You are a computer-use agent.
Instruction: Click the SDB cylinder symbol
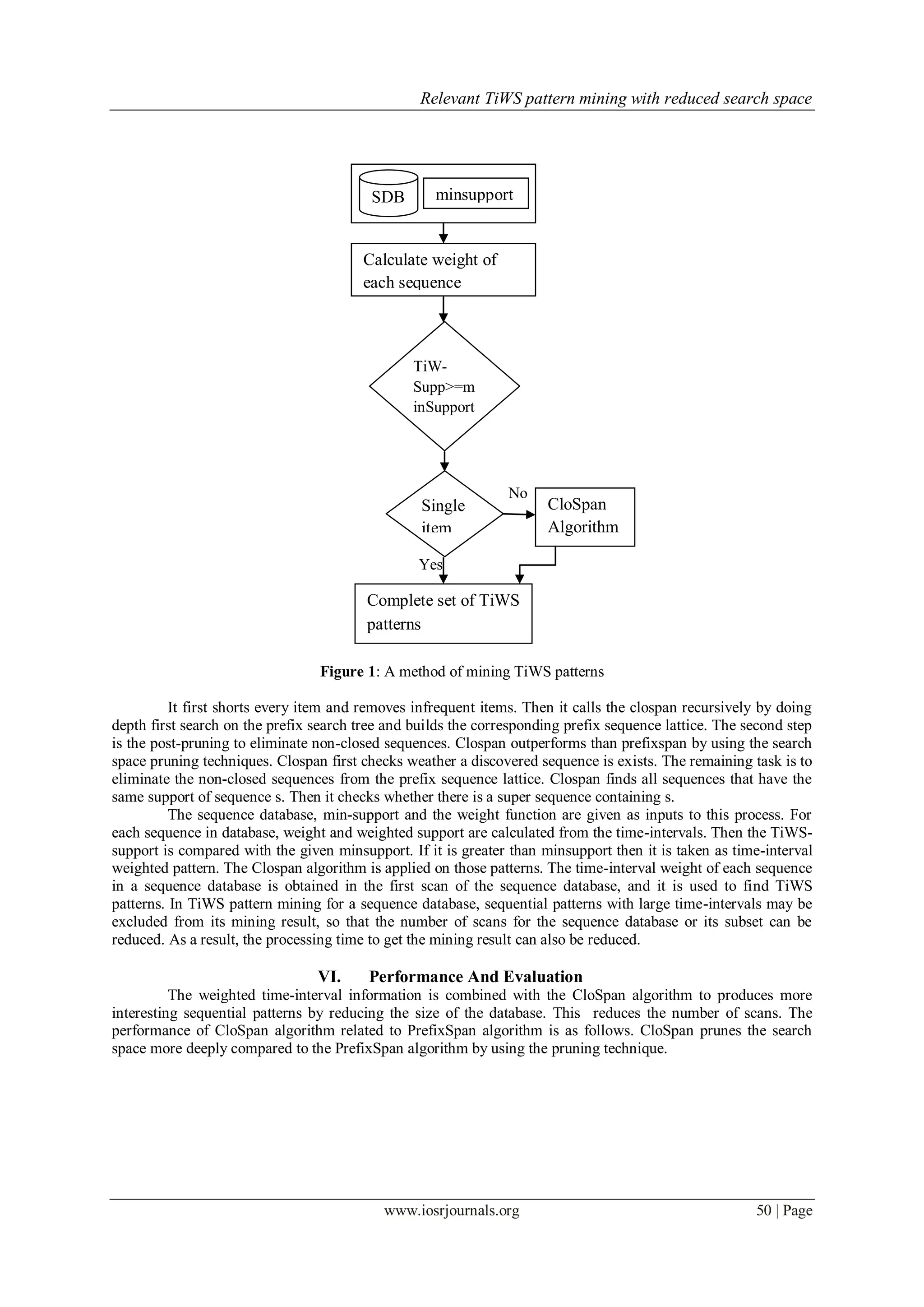(388, 194)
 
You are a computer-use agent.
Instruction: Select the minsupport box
(475, 194)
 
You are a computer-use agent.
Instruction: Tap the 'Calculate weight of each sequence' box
(443, 270)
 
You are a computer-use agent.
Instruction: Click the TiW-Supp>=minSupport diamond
(444, 386)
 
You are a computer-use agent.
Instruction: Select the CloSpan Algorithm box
(584, 516)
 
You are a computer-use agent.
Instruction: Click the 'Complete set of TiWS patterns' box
(443, 613)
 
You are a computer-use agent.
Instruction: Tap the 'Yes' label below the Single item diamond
(430, 564)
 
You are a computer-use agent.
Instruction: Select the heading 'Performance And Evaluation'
(476, 977)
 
